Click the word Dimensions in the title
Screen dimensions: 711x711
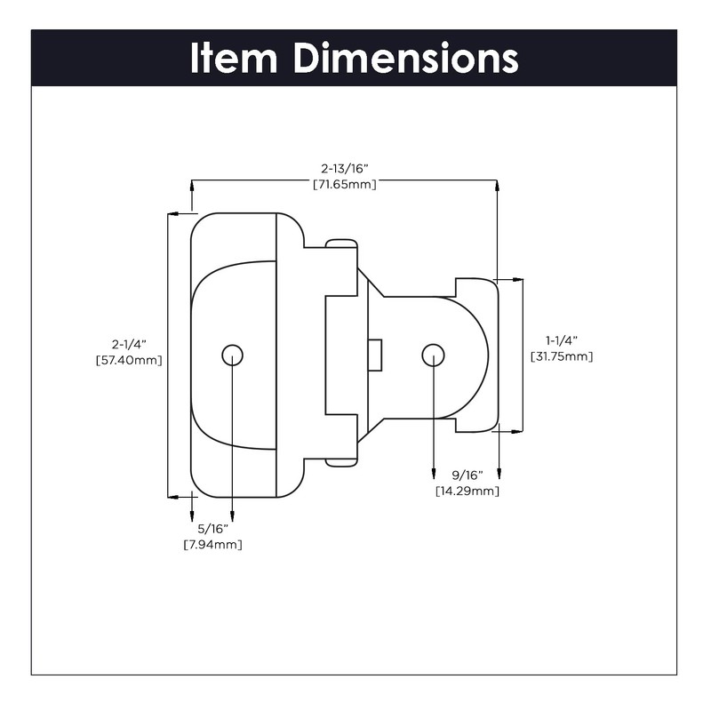tap(406, 58)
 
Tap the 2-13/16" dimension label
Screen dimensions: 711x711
tap(345, 167)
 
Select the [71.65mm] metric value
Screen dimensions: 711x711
tap(345, 184)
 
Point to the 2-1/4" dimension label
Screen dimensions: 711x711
tap(129, 343)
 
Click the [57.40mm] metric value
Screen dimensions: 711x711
tap(129, 360)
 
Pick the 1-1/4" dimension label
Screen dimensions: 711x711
tap(562, 340)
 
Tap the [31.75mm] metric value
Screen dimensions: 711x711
tap(562, 356)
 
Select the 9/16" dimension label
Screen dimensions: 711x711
tap(467, 475)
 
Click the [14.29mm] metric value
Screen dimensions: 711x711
tap(467, 491)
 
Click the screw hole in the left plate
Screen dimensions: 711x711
tap(232, 355)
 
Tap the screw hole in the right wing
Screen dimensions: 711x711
tap(433, 355)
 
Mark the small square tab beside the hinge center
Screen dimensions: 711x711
tap(376, 355)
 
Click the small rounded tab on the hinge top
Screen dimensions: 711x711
tap(341, 244)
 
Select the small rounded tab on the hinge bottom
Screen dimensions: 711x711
tap(341, 461)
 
